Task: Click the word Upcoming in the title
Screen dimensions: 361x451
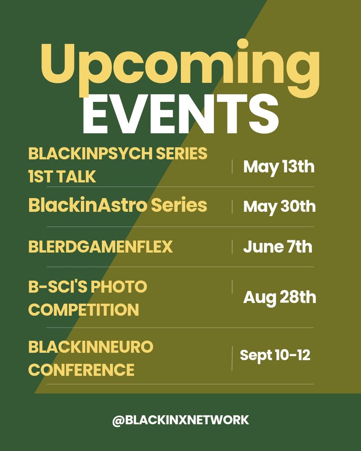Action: click(180, 68)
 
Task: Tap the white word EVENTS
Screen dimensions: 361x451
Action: click(180, 114)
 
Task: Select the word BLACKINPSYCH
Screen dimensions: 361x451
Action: click(90, 153)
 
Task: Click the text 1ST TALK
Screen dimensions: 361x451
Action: click(62, 176)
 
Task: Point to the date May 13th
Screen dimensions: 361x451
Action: click(279, 167)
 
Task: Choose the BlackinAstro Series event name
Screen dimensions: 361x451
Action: click(118, 205)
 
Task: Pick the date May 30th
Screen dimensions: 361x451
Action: click(279, 207)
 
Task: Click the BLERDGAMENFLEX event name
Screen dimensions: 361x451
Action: click(101, 247)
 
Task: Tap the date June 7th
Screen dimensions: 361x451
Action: click(278, 247)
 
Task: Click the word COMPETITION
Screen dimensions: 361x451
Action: click(83, 310)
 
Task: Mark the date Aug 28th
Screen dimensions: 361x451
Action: click(279, 297)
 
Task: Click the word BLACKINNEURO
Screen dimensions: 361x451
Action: click(91, 347)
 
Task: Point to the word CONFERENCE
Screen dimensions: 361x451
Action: click(81, 370)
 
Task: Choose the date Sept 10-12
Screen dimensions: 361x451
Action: click(275, 355)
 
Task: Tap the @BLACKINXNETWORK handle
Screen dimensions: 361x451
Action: click(180, 420)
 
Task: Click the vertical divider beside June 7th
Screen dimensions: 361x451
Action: click(232, 247)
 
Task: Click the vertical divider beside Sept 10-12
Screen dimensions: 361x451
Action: click(232, 359)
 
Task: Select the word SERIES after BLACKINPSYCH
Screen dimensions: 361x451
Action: click(182, 153)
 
